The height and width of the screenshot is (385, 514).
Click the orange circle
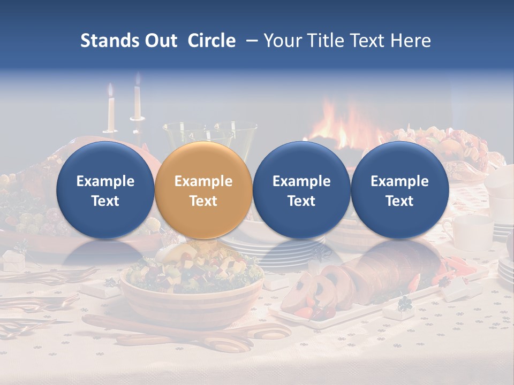coord(203,190)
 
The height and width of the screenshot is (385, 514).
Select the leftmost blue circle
coord(105,190)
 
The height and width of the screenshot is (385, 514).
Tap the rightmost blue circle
coord(399,190)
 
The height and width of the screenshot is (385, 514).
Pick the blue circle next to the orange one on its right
coord(301,190)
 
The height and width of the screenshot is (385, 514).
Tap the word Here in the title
coord(411,41)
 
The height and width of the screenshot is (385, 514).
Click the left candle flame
coord(111,90)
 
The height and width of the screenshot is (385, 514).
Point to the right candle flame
coord(138,80)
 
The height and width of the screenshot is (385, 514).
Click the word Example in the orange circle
coord(203,181)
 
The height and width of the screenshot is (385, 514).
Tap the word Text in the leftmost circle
coord(105,201)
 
